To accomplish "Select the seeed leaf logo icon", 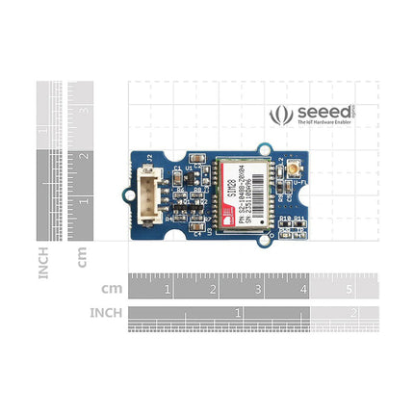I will [282, 116].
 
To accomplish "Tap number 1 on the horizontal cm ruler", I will [168, 288].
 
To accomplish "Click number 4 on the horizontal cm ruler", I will [304, 288].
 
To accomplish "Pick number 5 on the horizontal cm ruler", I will [349, 288].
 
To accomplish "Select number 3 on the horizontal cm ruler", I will [259, 288].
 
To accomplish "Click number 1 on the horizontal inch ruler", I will [238, 313].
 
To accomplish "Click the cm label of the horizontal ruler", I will [111, 288].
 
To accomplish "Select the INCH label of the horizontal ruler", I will [106, 313].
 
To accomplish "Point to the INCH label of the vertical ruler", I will [44, 260].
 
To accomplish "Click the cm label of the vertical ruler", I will [83, 257].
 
